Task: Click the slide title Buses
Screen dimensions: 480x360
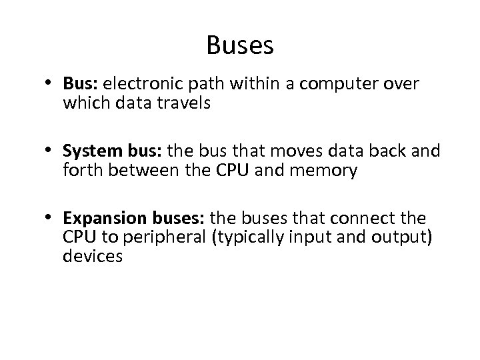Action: (x=240, y=46)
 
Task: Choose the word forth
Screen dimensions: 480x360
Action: (x=81, y=171)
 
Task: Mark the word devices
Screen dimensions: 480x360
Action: (x=93, y=256)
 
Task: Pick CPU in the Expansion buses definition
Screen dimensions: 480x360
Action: (x=78, y=238)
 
